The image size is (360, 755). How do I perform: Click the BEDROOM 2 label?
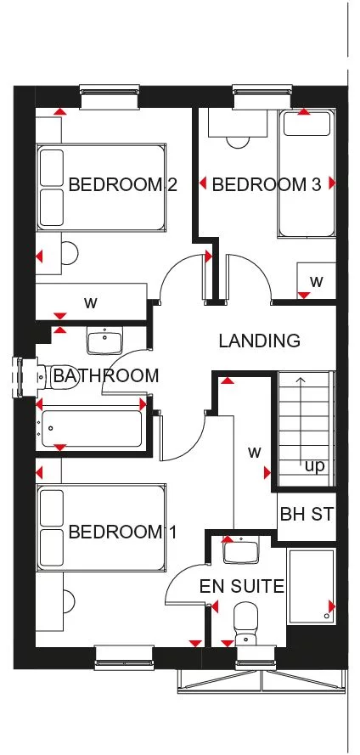click(x=122, y=184)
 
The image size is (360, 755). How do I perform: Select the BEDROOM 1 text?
click(x=122, y=532)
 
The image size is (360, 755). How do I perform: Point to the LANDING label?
click(x=259, y=341)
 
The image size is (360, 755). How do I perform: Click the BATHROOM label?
click(x=106, y=375)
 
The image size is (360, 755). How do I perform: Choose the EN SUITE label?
click(x=241, y=586)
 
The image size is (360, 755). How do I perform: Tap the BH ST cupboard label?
click(x=307, y=515)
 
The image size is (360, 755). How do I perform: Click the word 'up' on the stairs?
click(x=314, y=466)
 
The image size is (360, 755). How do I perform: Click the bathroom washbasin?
click(x=104, y=341)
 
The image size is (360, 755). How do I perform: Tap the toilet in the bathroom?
click(x=56, y=375)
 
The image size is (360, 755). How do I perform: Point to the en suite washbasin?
click(x=242, y=551)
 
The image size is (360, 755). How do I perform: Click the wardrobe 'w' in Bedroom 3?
click(x=316, y=280)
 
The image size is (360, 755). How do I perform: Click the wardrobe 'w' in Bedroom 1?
click(x=254, y=452)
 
